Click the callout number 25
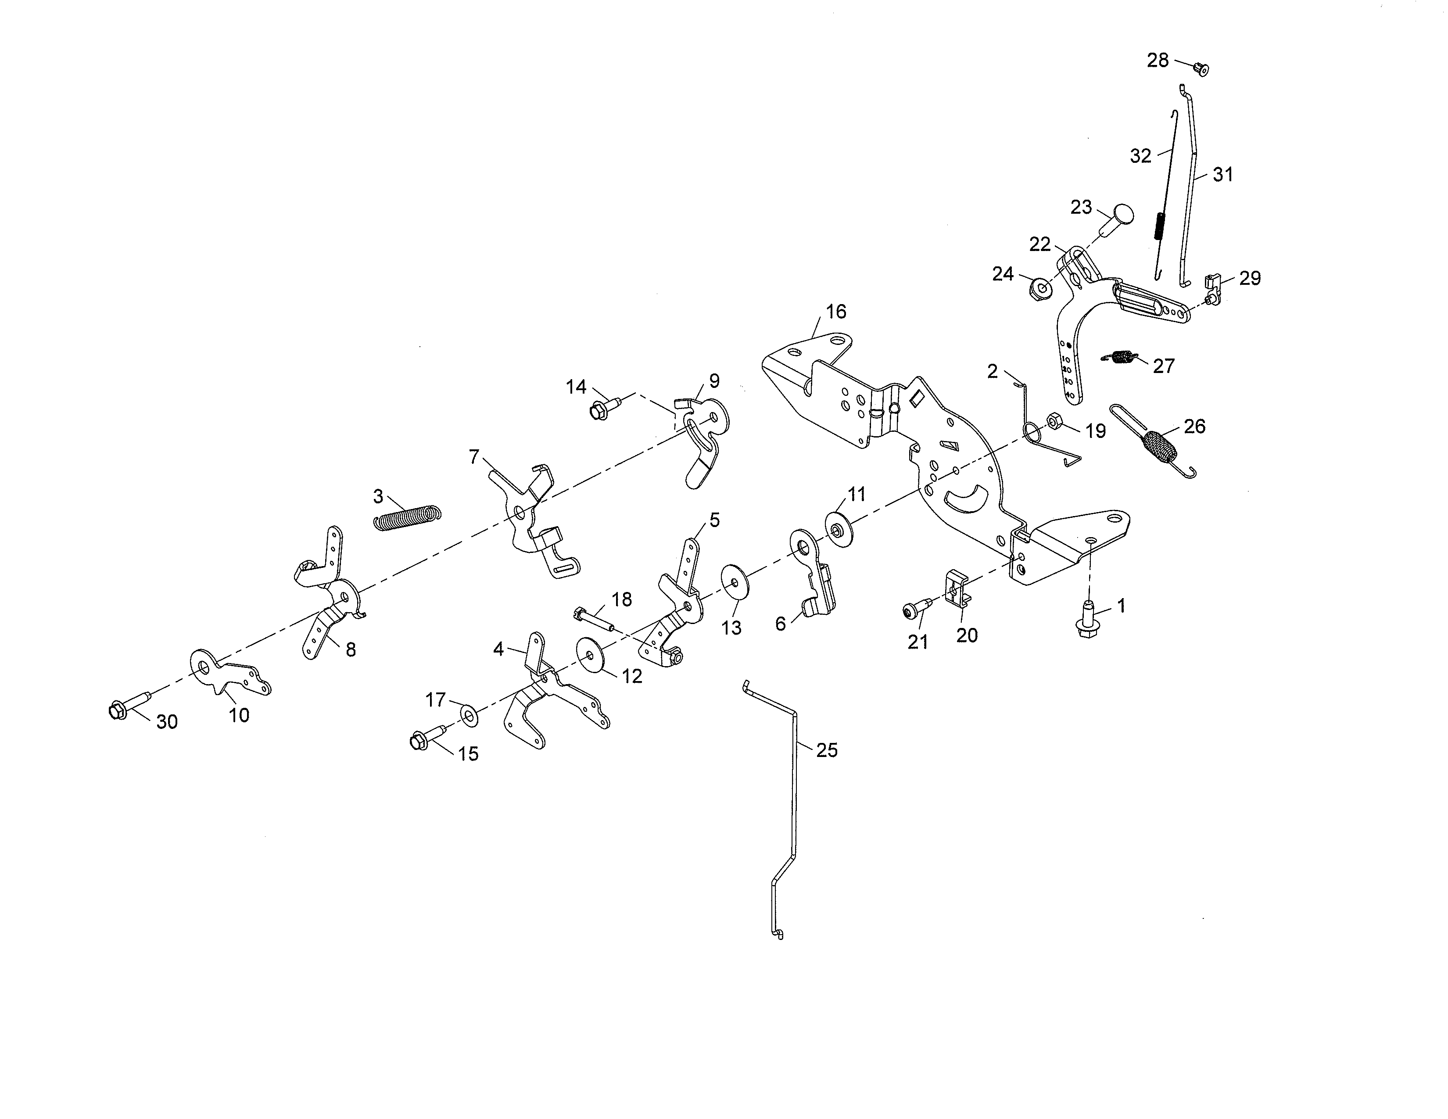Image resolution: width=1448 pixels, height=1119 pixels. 827,750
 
